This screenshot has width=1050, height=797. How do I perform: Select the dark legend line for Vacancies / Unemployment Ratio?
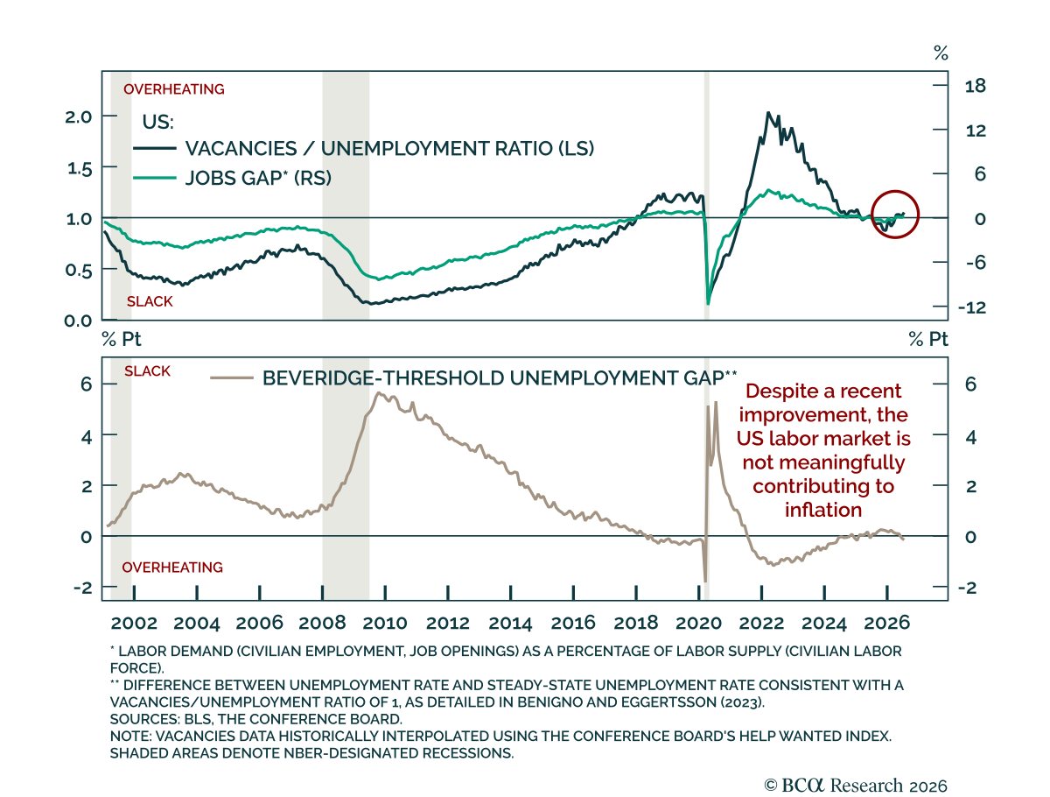pos(155,148)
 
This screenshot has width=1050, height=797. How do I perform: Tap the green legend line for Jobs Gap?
pos(155,178)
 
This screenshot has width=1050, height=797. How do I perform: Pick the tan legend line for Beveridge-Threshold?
pos(232,377)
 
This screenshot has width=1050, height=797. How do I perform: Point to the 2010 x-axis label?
pos(385,623)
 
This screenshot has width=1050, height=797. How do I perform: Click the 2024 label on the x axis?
pos(823,623)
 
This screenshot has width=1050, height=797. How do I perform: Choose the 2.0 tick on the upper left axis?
pos(79,116)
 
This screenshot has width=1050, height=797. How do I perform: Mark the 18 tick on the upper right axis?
pos(975,86)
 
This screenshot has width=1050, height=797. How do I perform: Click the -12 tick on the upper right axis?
pos(972,307)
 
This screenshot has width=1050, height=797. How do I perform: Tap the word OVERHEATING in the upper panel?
pos(173,89)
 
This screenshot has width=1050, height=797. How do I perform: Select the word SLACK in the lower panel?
pos(147,371)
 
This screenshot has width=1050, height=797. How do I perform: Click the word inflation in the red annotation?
pos(822,510)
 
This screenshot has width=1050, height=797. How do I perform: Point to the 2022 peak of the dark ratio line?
pos(767,112)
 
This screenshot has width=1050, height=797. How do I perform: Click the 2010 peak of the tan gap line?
pos(378,393)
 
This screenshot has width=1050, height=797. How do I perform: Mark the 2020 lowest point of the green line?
pos(708,304)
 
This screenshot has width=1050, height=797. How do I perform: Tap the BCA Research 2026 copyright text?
pos(855,785)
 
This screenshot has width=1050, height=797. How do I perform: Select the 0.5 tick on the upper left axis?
pos(79,270)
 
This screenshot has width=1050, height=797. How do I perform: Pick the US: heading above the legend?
pos(157,122)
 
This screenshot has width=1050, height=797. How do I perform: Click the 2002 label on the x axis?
pos(134,623)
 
